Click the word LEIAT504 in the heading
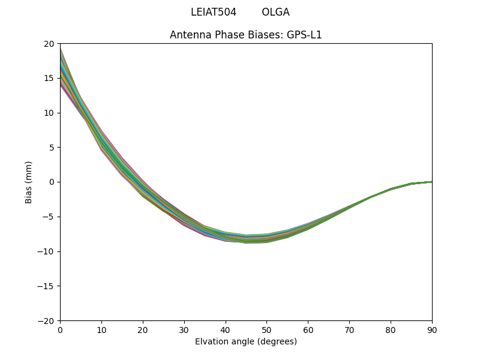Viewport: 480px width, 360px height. point(214,12)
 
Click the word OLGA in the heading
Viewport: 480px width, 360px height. point(275,12)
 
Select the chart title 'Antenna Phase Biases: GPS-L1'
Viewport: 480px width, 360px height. point(246,35)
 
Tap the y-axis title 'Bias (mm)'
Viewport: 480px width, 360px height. point(29,182)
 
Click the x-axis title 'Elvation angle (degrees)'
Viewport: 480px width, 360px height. point(246,341)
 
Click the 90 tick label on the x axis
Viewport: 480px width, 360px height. point(432,330)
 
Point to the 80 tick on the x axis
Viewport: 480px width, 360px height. point(391,330)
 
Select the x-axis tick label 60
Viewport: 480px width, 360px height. point(308,330)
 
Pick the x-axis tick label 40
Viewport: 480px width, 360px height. point(226,330)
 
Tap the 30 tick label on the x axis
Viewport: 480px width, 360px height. point(184,330)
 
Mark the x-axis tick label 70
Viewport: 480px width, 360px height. point(349,330)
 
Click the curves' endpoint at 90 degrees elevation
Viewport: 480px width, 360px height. point(431,182)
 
